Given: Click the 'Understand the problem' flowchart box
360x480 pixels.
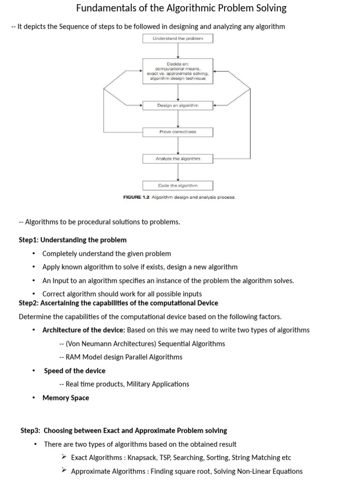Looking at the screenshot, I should pyautogui.click(x=178, y=38).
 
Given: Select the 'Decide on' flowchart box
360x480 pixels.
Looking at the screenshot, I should pyautogui.click(x=178, y=71).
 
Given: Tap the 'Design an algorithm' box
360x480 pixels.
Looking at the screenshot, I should pyautogui.click(x=178, y=105).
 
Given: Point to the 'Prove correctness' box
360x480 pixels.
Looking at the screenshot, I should pyautogui.click(x=178, y=132).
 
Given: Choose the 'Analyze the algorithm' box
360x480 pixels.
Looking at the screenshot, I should pyautogui.click(x=178, y=159).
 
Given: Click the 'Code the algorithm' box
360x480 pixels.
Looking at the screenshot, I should pyautogui.click(x=178, y=186).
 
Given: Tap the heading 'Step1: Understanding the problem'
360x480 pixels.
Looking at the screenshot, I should pyautogui.click(x=73, y=240).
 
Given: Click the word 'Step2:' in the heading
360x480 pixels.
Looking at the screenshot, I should pyautogui.click(x=29, y=303).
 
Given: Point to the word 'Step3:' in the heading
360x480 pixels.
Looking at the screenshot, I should pyautogui.click(x=30, y=430).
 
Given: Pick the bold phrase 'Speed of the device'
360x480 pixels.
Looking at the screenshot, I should pyautogui.click(x=75, y=371).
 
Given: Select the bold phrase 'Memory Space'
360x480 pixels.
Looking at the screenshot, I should pyautogui.click(x=66, y=398).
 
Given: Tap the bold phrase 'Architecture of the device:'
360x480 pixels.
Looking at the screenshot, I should pyautogui.click(x=84, y=330).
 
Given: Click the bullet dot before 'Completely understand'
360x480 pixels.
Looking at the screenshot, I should pyautogui.click(x=34, y=254).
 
